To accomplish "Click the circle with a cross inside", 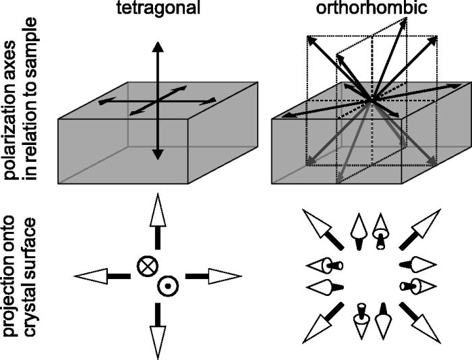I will pos(146,266).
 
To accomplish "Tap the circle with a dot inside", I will pos(165,287).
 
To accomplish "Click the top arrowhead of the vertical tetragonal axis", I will pos(157,47).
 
